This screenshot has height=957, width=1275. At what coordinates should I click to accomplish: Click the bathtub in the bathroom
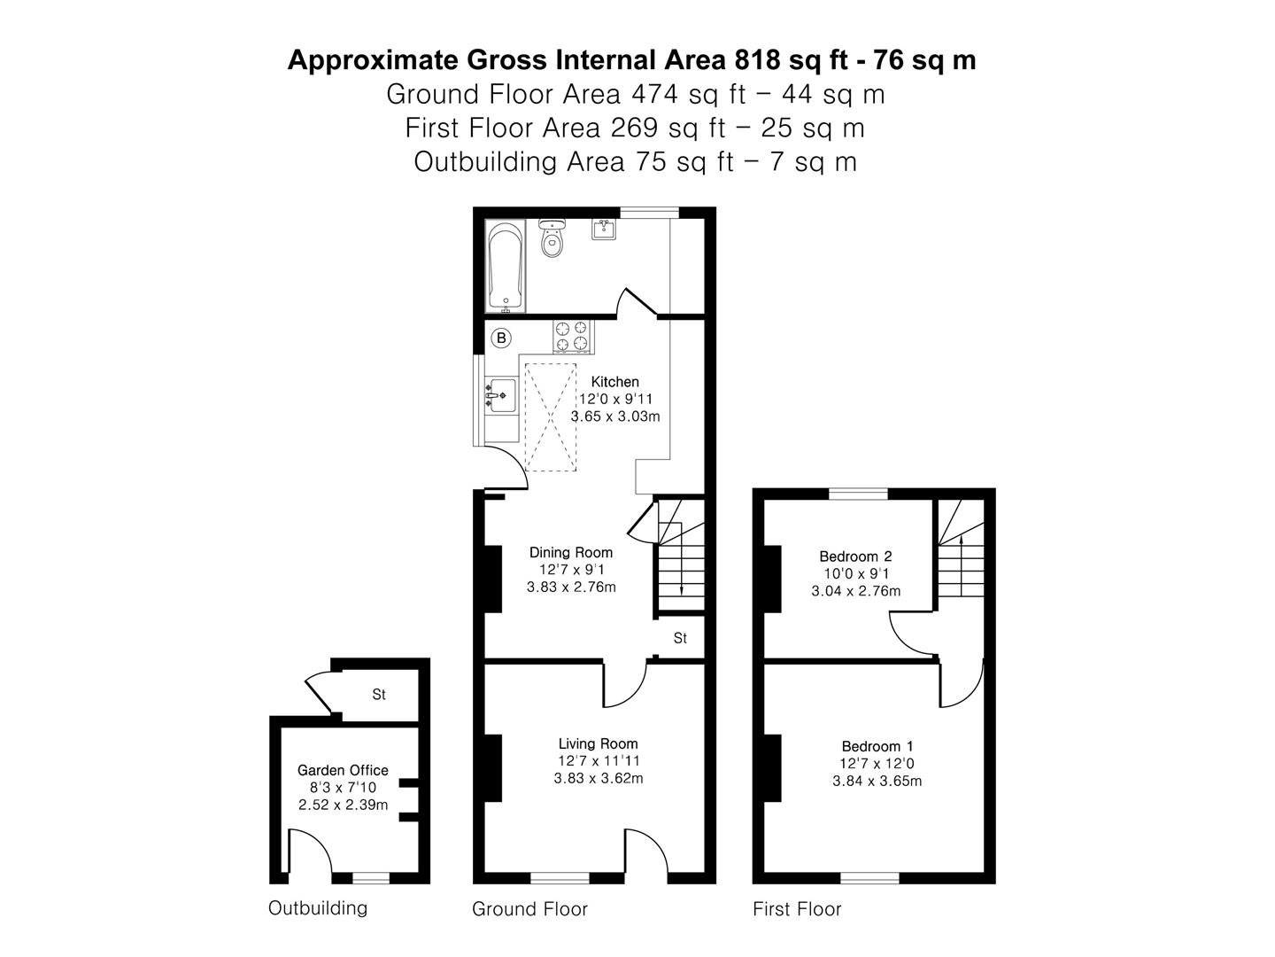tap(506, 267)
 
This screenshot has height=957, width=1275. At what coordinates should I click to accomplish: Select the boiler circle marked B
tap(501, 338)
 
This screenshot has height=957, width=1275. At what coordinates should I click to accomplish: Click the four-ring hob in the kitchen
tap(571, 336)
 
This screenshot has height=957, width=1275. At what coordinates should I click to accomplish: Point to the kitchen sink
tap(503, 394)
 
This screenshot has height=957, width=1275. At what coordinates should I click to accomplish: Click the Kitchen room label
tap(614, 382)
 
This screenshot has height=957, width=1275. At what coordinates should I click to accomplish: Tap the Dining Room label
tap(571, 552)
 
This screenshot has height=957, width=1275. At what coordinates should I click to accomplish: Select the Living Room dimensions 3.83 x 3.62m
tap(599, 779)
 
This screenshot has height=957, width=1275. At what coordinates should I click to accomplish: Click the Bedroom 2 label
tap(855, 556)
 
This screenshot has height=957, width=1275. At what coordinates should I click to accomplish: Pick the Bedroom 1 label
tap(877, 746)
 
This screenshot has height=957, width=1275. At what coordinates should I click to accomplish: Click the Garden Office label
tap(343, 770)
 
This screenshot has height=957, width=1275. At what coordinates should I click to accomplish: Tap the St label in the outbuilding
tap(379, 695)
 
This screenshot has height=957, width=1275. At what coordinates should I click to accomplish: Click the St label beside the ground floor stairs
tap(680, 638)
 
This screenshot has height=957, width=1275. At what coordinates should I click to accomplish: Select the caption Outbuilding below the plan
tap(317, 907)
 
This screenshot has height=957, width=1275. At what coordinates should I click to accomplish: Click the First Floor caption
tap(797, 908)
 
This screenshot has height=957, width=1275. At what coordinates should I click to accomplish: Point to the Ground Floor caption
tap(529, 908)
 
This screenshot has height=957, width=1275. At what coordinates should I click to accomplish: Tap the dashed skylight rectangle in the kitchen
tap(552, 416)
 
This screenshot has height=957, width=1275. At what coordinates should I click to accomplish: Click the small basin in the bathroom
tap(605, 230)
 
